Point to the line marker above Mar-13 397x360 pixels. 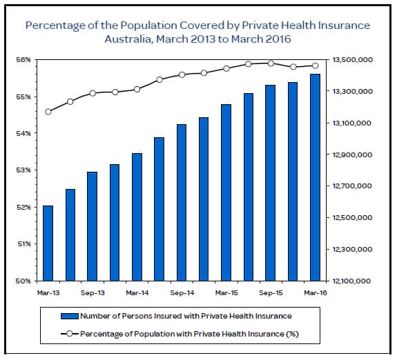pyautogui.click(x=48, y=112)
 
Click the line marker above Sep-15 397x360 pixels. pyautogui.click(x=271, y=63)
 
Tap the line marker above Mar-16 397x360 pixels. pyautogui.click(x=315, y=66)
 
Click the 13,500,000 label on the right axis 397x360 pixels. pyautogui.click(x=354, y=60)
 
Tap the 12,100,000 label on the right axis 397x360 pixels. pyautogui.click(x=354, y=281)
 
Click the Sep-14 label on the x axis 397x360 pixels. pyautogui.click(x=181, y=292)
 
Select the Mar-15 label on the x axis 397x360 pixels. pyautogui.click(x=226, y=292)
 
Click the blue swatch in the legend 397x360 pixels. pyautogui.click(x=69, y=317)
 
